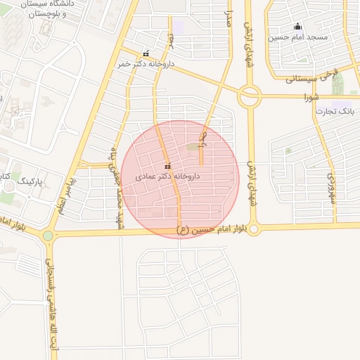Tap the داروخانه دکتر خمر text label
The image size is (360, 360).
click(x=144, y=64)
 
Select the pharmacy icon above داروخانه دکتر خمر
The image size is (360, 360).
click(x=146, y=54)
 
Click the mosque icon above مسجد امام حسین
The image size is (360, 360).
click(x=297, y=27)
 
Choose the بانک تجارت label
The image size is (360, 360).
click(x=335, y=111)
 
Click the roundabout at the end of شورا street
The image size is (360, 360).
click(x=249, y=96)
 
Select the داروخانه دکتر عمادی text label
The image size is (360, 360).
click(x=169, y=176)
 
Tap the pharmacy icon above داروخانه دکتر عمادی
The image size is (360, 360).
click(x=167, y=167)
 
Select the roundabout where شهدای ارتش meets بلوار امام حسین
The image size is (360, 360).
click(x=254, y=228)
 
